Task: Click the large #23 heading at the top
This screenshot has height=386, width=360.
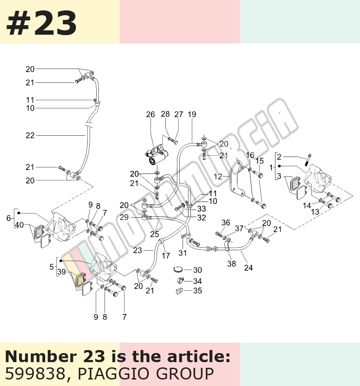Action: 41,23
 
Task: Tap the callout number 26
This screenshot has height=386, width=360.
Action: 151,114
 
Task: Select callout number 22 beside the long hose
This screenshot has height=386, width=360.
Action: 30,135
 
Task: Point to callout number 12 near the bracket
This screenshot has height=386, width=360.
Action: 218,177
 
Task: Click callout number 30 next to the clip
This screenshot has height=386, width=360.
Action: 197,270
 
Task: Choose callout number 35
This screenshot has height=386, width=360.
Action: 197,291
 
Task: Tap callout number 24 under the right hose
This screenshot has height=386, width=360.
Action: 249,268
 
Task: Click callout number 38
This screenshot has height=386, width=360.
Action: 232,264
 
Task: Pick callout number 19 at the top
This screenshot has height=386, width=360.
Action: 192,114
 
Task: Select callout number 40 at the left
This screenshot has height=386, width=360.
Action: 20,225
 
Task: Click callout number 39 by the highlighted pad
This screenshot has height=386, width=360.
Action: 62,272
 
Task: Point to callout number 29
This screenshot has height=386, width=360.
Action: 124,217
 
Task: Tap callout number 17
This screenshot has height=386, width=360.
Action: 166,256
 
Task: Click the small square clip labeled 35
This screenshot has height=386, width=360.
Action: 179,291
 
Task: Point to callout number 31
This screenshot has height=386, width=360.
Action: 183,253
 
